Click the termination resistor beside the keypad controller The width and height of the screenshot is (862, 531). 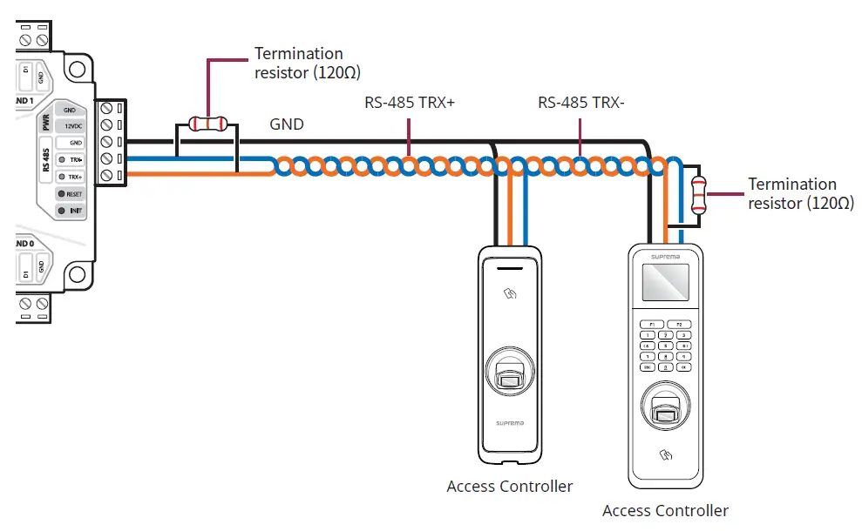[x=698, y=195]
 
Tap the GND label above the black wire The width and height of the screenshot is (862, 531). [x=287, y=124]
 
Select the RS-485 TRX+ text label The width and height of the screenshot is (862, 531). [x=410, y=103]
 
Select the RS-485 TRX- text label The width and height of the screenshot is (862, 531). [x=581, y=103]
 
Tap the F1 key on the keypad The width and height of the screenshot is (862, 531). [x=651, y=324]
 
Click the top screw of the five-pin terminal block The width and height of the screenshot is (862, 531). [x=106, y=109]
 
